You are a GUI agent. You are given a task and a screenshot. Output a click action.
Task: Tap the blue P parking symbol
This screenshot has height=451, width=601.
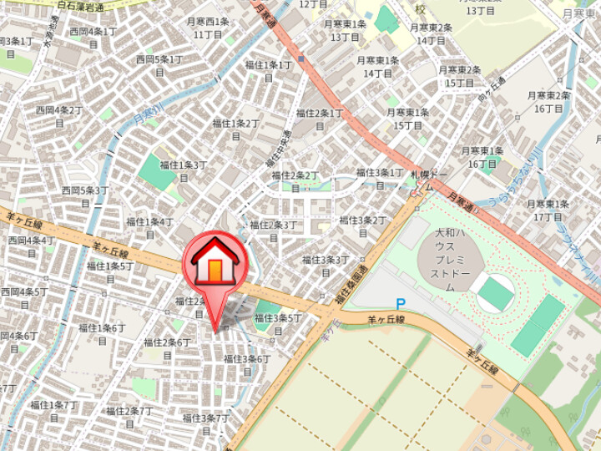click(x=400, y=305)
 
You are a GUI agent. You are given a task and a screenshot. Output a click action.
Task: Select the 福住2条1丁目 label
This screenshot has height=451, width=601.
click(x=320, y=118)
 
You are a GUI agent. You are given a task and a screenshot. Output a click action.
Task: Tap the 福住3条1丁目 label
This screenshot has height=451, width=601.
click(x=380, y=178)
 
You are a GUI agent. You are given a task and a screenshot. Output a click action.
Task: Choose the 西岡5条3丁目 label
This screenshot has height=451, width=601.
click(x=86, y=195)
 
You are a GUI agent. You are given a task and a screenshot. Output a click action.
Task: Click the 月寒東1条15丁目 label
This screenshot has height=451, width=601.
click(x=407, y=118)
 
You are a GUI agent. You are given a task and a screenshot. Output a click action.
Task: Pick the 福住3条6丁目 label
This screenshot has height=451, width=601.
click(x=246, y=363)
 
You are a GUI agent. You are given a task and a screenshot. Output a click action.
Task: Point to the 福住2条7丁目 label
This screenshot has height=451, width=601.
click(x=129, y=416)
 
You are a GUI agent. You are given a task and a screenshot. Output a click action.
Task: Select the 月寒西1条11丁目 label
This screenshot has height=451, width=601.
click(x=208, y=28)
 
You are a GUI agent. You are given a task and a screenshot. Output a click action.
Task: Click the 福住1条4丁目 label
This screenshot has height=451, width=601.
click(x=150, y=227)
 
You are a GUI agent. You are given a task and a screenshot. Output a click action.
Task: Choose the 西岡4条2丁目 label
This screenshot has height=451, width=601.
click(x=59, y=115)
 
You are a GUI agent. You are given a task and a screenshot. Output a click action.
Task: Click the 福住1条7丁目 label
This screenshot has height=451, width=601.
click(x=53, y=410)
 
